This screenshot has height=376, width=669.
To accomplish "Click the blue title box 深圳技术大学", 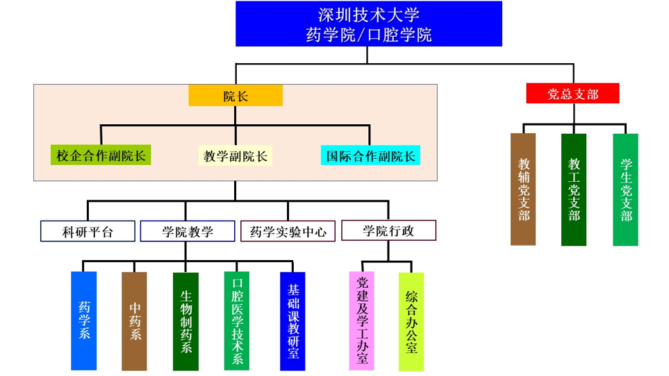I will pyautogui.click(x=368, y=24).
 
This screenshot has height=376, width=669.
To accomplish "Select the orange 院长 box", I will pyautogui.click(x=236, y=96).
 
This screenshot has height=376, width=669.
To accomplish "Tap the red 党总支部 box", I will pyautogui.click(x=572, y=93).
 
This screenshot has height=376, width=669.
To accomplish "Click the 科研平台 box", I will pyautogui.click(x=88, y=231).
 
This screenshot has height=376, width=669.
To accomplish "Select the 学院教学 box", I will pyautogui.click(x=188, y=231).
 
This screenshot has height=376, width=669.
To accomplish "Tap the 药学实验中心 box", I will pyautogui.click(x=288, y=231).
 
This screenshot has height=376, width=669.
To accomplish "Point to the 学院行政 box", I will pyautogui.click(x=388, y=230).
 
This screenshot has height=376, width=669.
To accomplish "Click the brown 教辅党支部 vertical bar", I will pyautogui.click(x=523, y=189).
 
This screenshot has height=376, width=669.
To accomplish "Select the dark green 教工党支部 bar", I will pyautogui.click(x=574, y=189).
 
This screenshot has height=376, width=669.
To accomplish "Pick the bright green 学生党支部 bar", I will pyautogui.click(x=625, y=189).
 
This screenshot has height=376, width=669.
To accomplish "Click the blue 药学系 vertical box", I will pyautogui.click(x=84, y=321).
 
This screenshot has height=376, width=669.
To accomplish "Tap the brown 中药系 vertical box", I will pyautogui.click(x=135, y=321).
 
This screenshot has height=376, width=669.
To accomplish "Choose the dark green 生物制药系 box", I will pyautogui.click(x=185, y=321).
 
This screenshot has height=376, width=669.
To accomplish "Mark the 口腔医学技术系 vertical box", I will pyautogui.click(x=237, y=321).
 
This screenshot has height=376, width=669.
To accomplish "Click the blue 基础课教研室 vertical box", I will pyautogui.click(x=292, y=321).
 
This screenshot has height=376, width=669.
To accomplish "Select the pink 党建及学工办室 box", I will pyautogui.click(x=361, y=321).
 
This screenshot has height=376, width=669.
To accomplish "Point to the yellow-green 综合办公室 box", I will pyautogui.click(x=411, y=321).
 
